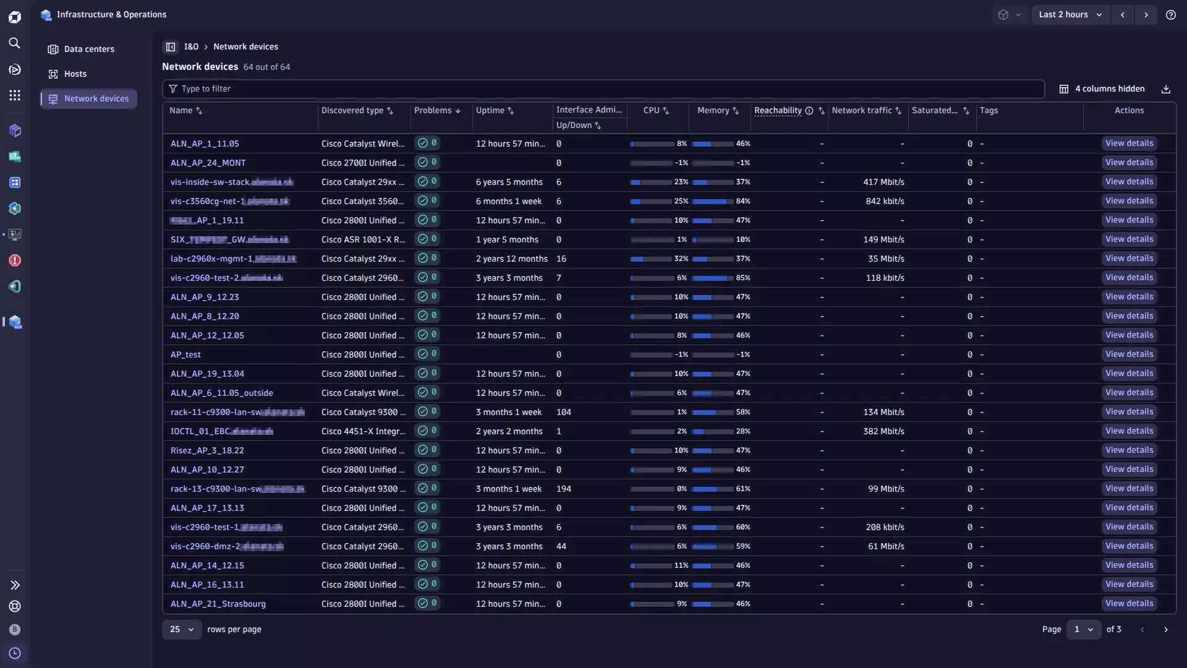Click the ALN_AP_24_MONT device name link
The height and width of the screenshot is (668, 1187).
pos(208,163)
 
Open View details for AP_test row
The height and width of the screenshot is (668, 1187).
pos(1129,354)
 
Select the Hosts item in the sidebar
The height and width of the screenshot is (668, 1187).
pos(75,74)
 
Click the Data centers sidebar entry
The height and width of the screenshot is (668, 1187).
pos(89,49)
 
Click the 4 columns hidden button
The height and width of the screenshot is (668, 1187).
pos(1102,89)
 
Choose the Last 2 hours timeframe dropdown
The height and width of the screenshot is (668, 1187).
pos(1070,14)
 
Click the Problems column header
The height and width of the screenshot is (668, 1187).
pos(433,111)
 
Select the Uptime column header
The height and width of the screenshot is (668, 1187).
pos(490,111)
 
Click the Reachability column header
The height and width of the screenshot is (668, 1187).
pos(778,111)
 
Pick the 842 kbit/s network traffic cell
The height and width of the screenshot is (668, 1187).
pos(885,201)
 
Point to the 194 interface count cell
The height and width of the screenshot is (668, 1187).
pos(563,489)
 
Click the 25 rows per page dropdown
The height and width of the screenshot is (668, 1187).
pos(181,629)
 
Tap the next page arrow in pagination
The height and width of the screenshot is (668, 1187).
pos(1166,629)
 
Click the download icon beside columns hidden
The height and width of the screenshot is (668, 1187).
pos(1166,89)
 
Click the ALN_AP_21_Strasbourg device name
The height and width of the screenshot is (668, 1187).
pos(218,604)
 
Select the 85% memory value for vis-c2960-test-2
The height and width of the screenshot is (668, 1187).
pos(742,278)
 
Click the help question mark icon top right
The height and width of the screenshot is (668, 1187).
pos(1170,14)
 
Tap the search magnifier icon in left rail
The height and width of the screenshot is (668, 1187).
pos(14,43)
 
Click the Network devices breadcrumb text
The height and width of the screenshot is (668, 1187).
pos(245,46)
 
